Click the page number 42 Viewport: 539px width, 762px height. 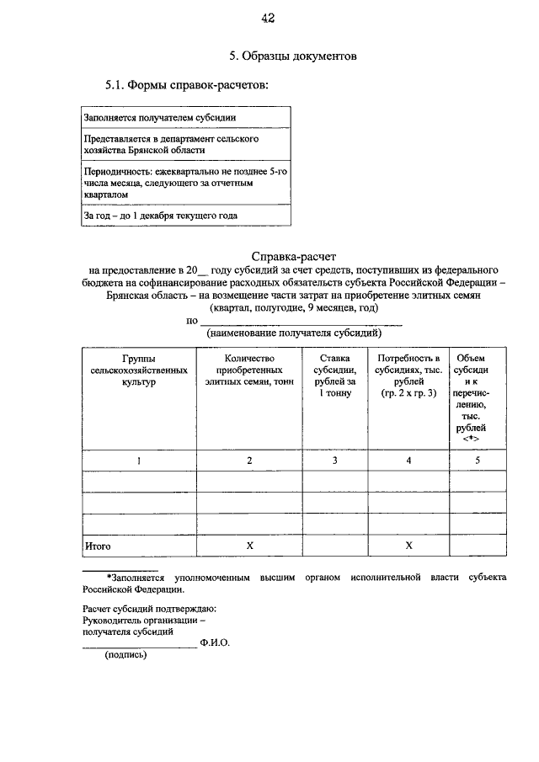269,18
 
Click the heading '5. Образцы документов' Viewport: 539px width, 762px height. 294,56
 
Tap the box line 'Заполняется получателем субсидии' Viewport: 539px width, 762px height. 159,117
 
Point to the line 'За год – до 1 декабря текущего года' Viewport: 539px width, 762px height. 160,215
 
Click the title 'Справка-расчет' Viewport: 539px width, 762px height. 294,256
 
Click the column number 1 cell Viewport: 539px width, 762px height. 139,461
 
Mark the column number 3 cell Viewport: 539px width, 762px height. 334,461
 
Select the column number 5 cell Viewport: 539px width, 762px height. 478,461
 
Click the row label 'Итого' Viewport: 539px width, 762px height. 98,546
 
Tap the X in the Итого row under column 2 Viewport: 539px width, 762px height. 249,546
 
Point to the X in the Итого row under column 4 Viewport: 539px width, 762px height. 408,546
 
